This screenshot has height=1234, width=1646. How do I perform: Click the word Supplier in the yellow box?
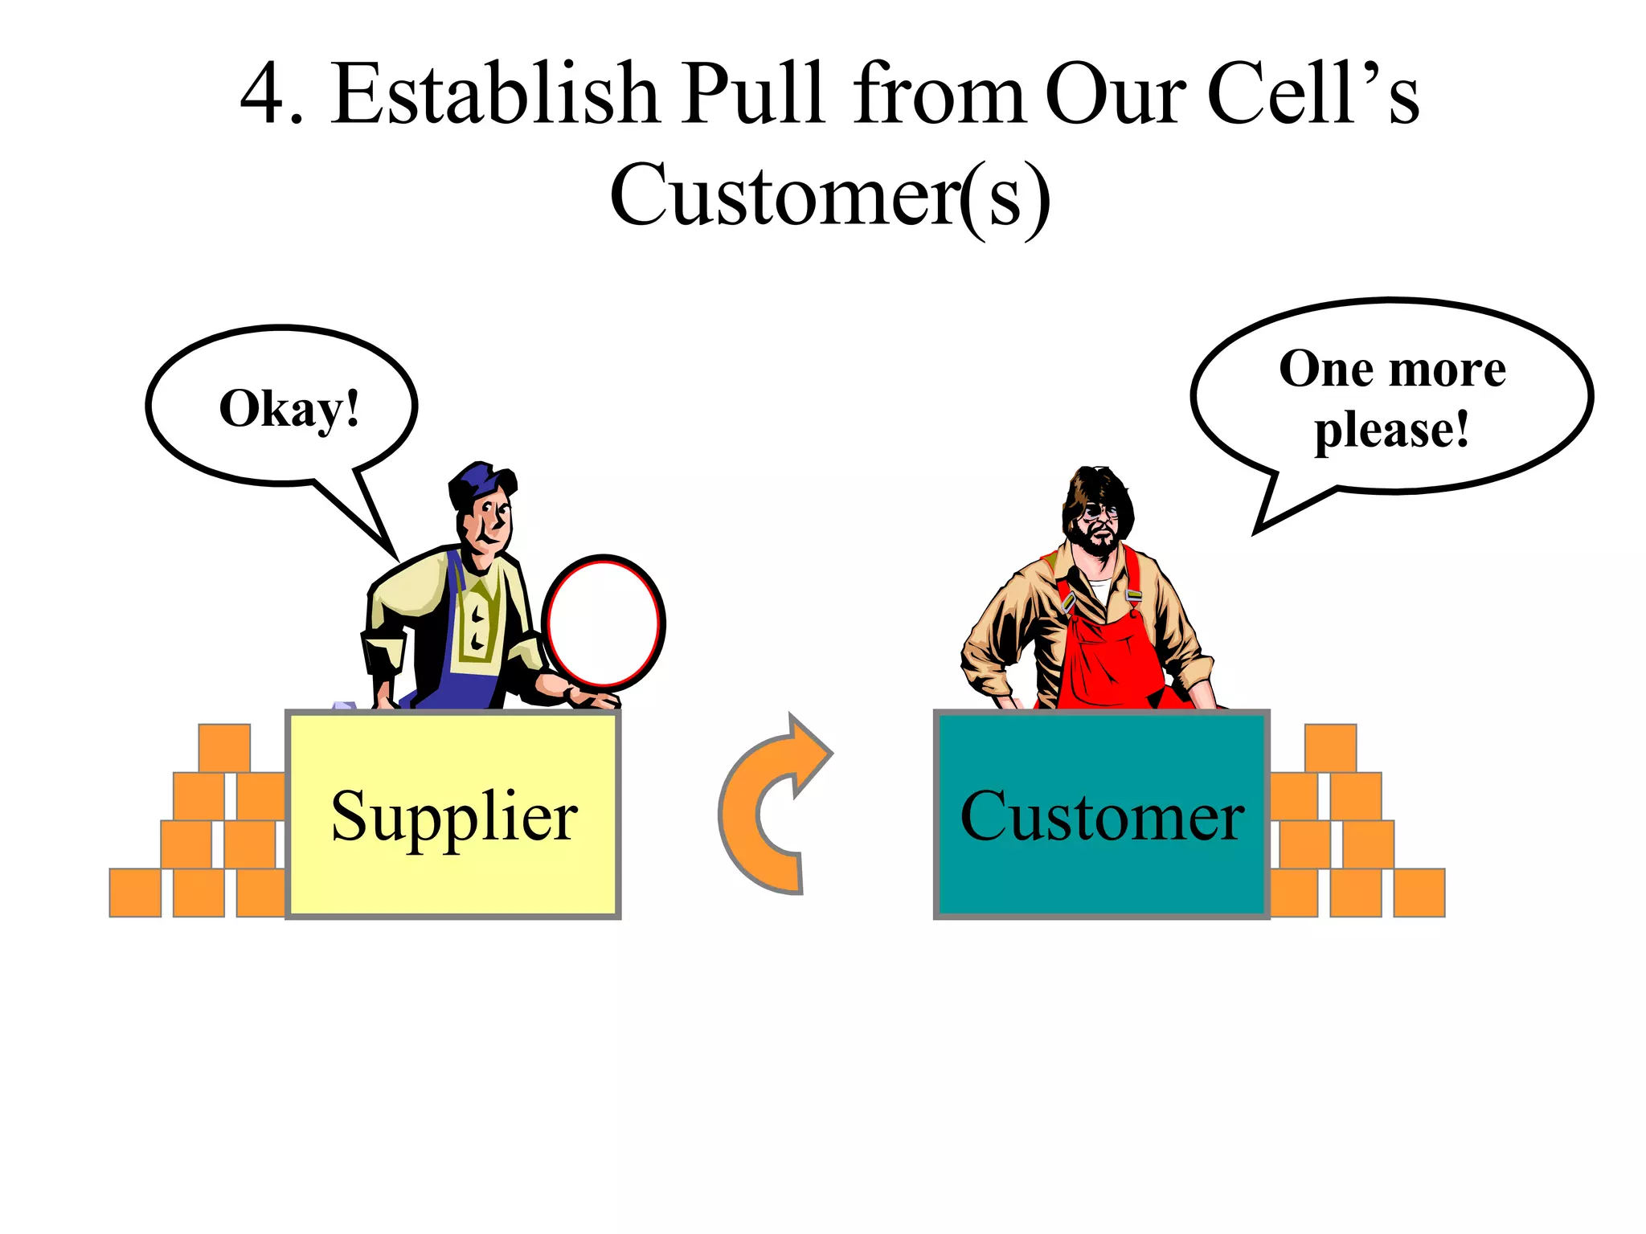(x=454, y=816)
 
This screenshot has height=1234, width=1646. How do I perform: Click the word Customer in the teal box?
(x=1102, y=816)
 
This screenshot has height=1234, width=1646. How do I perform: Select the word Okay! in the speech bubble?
(x=289, y=409)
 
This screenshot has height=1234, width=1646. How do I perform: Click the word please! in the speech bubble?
(x=1391, y=430)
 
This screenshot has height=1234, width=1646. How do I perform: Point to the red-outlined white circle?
(x=603, y=623)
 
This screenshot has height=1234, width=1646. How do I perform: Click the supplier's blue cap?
(x=478, y=482)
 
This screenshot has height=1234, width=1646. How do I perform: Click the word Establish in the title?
(x=494, y=95)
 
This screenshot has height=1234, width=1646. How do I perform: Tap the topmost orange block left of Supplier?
(x=224, y=748)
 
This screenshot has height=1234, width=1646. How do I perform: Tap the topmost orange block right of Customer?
(x=1330, y=748)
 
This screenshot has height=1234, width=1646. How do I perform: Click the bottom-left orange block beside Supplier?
(x=135, y=892)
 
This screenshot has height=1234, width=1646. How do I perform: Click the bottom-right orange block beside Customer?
(x=1419, y=892)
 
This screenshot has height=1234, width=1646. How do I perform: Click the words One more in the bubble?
(x=1392, y=370)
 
